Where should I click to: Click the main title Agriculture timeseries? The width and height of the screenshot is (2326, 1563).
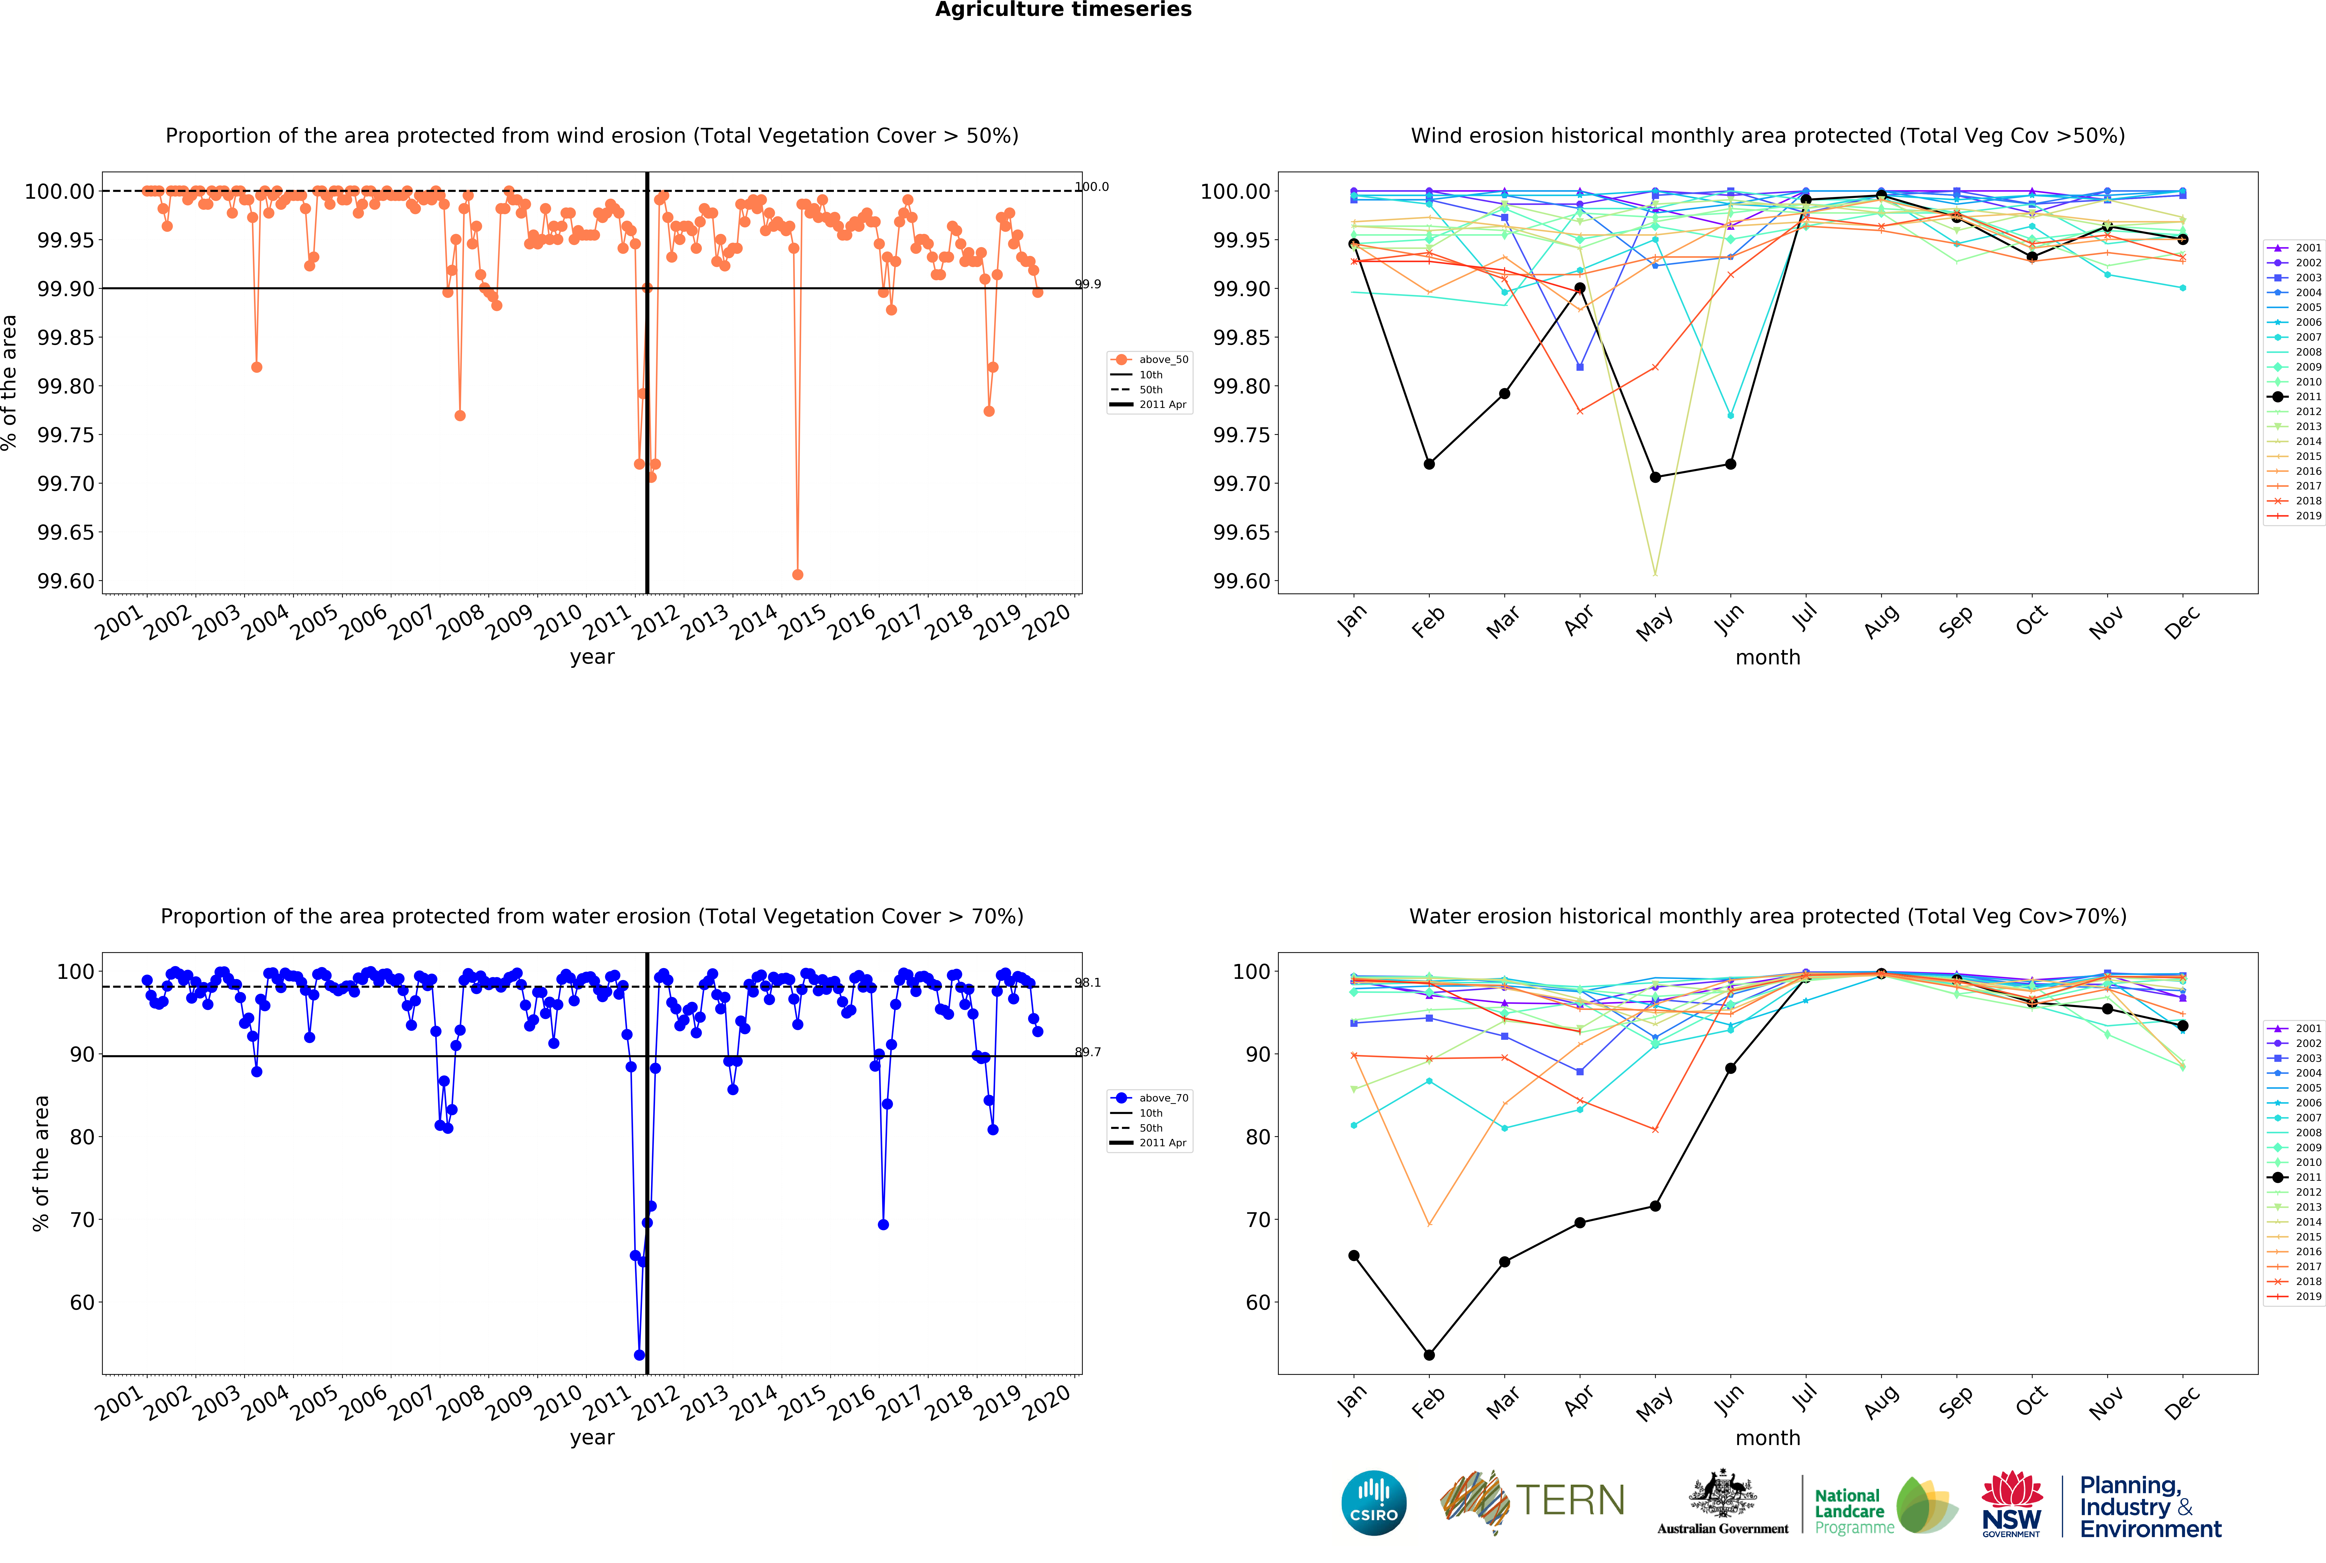pos(1062,10)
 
